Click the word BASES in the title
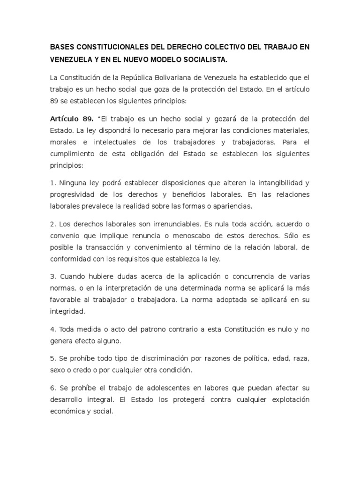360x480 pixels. [62, 48]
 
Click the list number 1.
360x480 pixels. [52, 182]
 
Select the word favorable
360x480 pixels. [65, 299]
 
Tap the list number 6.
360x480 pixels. [52, 388]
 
